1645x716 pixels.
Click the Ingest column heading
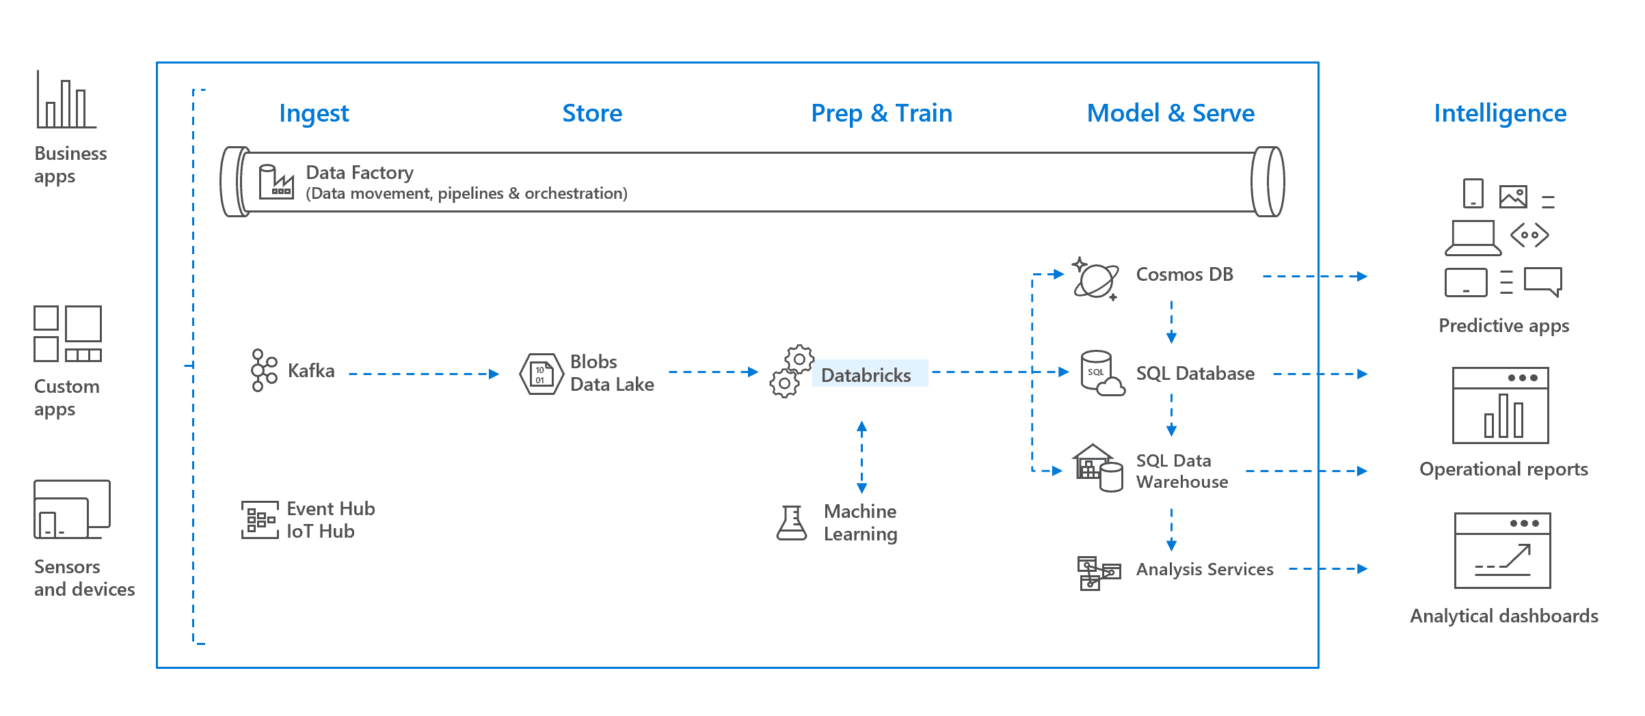[314, 113]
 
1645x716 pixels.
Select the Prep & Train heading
[881, 113]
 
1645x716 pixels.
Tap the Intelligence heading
[1500, 113]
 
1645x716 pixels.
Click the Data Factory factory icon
[276, 182]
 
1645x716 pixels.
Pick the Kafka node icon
[264, 370]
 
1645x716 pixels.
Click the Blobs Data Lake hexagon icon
[541, 374]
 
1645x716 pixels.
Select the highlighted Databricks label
[866, 374]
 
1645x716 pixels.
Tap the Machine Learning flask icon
[792, 523]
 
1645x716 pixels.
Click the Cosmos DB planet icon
[1095, 279]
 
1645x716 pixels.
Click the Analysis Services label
[1204, 569]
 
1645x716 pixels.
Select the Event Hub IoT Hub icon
[260, 520]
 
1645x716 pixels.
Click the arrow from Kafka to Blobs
[424, 374]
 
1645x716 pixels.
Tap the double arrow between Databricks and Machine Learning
[861, 457]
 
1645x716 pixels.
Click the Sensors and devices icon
[72, 510]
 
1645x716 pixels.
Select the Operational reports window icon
[1500, 406]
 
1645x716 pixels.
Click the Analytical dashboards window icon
[1502, 551]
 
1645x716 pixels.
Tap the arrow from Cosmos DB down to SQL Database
[1171, 321]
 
